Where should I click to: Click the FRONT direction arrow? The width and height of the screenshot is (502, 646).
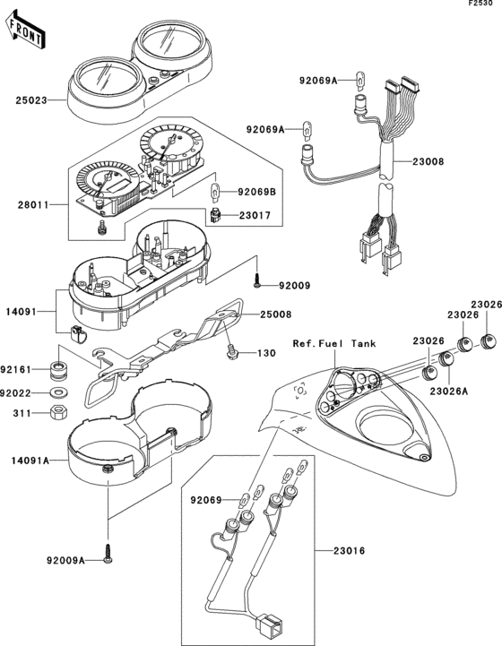click(x=25, y=30)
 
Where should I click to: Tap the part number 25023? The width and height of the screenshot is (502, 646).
click(x=31, y=100)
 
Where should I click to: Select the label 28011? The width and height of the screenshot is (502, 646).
click(x=32, y=204)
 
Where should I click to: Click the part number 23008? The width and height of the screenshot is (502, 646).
click(x=428, y=161)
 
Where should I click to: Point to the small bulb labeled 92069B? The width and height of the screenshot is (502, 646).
click(x=215, y=192)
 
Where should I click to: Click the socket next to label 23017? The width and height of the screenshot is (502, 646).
click(x=215, y=215)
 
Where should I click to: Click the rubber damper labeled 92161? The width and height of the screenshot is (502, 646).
click(x=57, y=370)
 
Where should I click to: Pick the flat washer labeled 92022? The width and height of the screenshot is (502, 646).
click(x=58, y=392)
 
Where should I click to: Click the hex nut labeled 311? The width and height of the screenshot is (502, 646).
click(x=58, y=412)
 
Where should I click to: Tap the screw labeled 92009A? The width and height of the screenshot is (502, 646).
click(x=108, y=553)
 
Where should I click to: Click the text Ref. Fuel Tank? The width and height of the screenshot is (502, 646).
click(x=334, y=343)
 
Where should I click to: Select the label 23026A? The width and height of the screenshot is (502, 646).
click(x=449, y=391)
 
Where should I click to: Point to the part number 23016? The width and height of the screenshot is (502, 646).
click(x=349, y=550)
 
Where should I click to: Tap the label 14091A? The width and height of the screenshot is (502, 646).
click(x=30, y=461)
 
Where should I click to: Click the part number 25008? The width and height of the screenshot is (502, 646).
click(x=276, y=314)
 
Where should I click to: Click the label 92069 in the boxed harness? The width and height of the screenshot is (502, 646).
click(x=206, y=500)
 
